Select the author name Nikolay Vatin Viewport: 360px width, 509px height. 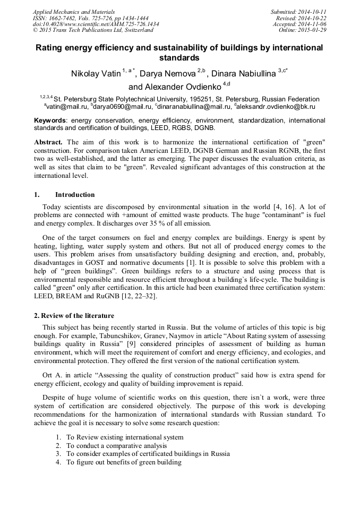point(96,74)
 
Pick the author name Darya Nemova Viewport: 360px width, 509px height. point(168,74)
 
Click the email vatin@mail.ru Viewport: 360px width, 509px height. point(63,106)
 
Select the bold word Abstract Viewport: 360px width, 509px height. point(48,142)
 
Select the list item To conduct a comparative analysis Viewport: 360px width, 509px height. point(118,445)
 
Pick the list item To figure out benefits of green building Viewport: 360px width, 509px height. point(124,462)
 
